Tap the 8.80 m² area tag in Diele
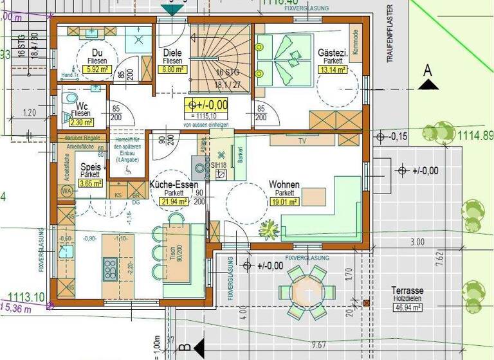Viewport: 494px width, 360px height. (x=172, y=70)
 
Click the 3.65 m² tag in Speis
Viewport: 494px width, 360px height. (x=90, y=183)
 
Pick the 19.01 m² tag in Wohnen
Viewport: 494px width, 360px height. (x=284, y=201)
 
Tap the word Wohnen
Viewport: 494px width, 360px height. (x=284, y=184)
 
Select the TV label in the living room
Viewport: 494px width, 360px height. (x=301, y=140)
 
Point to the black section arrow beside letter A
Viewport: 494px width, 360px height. (x=427, y=84)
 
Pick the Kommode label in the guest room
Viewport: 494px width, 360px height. (x=354, y=41)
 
